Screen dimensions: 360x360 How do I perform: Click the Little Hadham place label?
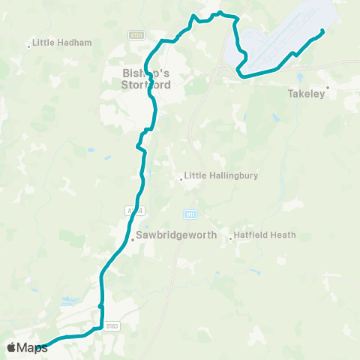point(62,43)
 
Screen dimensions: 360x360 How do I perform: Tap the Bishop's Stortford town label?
point(146,79)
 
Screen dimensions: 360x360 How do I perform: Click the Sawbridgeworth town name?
point(176,235)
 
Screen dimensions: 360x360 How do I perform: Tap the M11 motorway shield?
point(191,214)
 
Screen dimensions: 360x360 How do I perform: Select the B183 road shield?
point(112,326)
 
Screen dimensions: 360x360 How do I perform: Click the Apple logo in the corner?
point(11,347)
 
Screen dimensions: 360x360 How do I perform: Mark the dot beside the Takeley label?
point(328,88)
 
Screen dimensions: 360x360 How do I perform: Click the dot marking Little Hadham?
point(29,46)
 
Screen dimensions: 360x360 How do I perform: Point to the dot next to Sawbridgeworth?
point(133,240)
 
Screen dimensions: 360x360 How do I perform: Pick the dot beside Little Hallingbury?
point(181,178)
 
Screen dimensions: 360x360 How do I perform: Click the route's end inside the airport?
point(322,31)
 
